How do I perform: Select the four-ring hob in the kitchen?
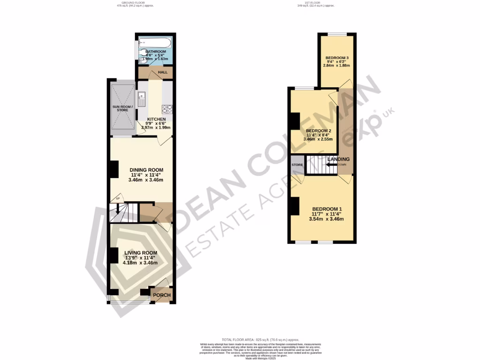pos(167,109)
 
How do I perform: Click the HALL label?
pos(163,72)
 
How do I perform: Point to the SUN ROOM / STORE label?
pos(123,108)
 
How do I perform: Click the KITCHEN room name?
pos(157,119)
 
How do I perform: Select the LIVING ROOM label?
pos(141,253)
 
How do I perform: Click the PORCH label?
pos(162,295)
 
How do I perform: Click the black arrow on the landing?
pos(334,165)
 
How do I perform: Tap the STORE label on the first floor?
pos(297,165)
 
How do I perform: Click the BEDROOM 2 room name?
pos(319,131)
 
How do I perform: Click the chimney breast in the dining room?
pos(113,169)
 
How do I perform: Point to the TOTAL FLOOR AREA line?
pos(260,339)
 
